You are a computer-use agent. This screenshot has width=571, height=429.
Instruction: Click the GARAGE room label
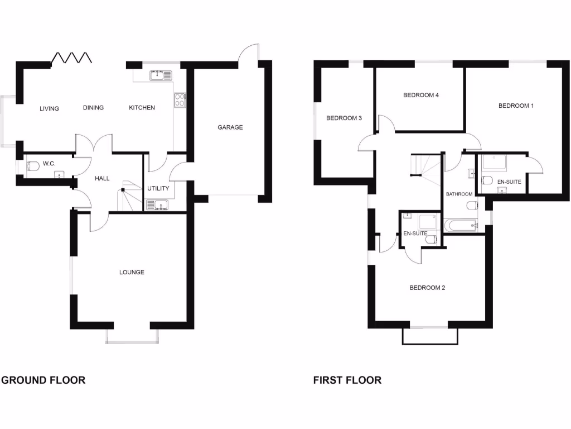[x=230, y=127]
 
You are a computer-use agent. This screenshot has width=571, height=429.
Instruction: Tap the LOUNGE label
[x=132, y=273]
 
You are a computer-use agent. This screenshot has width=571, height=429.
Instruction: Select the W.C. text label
[x=49, y=164]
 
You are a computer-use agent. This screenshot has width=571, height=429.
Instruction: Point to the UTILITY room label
[x=158, y=189]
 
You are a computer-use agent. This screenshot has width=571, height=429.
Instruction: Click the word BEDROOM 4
[x=421, y=95]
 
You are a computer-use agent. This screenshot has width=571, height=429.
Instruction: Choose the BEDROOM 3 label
[x=344, y=118]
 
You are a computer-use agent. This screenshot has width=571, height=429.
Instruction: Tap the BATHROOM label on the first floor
[x=459, y=194]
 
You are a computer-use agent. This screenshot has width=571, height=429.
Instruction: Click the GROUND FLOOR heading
[x=43, y=380]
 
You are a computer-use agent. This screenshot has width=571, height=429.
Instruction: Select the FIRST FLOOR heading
[x=347, y=380]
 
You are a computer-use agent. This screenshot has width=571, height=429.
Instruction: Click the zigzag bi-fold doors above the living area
[x=71, y=58]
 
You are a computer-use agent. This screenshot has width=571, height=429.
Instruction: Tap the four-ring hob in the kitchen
[x=180, y=99]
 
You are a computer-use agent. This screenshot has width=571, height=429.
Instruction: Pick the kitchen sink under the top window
[x=160, y=75]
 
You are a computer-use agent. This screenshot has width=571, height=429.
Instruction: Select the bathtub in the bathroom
[x=462, y=226]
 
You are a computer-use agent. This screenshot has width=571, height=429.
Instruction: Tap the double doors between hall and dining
[x=94, y=144]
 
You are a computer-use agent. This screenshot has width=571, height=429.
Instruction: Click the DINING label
[x=93, y=108]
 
